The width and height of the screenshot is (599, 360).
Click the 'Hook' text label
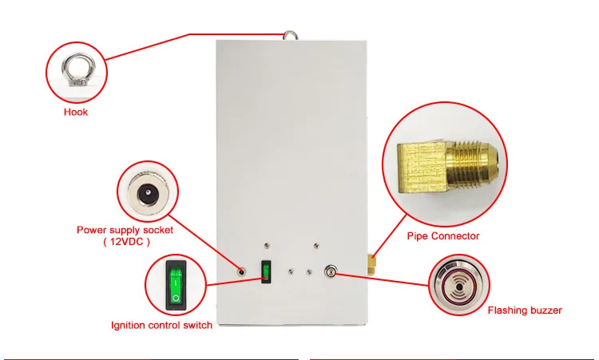[x=76, y=112]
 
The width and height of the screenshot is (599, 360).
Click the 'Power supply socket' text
[x=125, y=230]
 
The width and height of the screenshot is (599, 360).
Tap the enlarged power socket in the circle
[x=149, y=193]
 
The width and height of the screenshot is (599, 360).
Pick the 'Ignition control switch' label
[x=161, y=325]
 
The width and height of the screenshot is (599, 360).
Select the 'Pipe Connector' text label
[x=443, y=235]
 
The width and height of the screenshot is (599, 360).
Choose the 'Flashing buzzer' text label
[x=525, y=310]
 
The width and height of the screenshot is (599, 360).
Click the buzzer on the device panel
[x=329, y=272]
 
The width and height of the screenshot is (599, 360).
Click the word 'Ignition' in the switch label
[x=128, y=325]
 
